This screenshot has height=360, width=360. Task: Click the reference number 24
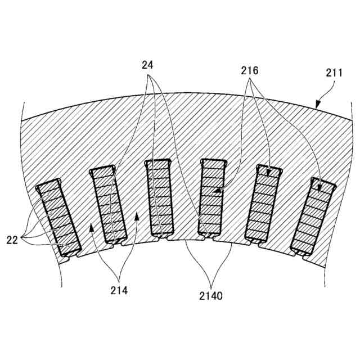(x=147, y=65)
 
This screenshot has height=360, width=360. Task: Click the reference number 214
(x=119, y=290)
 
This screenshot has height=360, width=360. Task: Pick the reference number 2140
(x=211, y=294)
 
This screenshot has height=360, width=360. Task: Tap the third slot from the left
(x=159, y=197)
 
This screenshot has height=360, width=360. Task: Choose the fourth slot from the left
(x=212, y=197)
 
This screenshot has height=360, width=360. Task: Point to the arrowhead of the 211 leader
(x=316, y=107)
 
